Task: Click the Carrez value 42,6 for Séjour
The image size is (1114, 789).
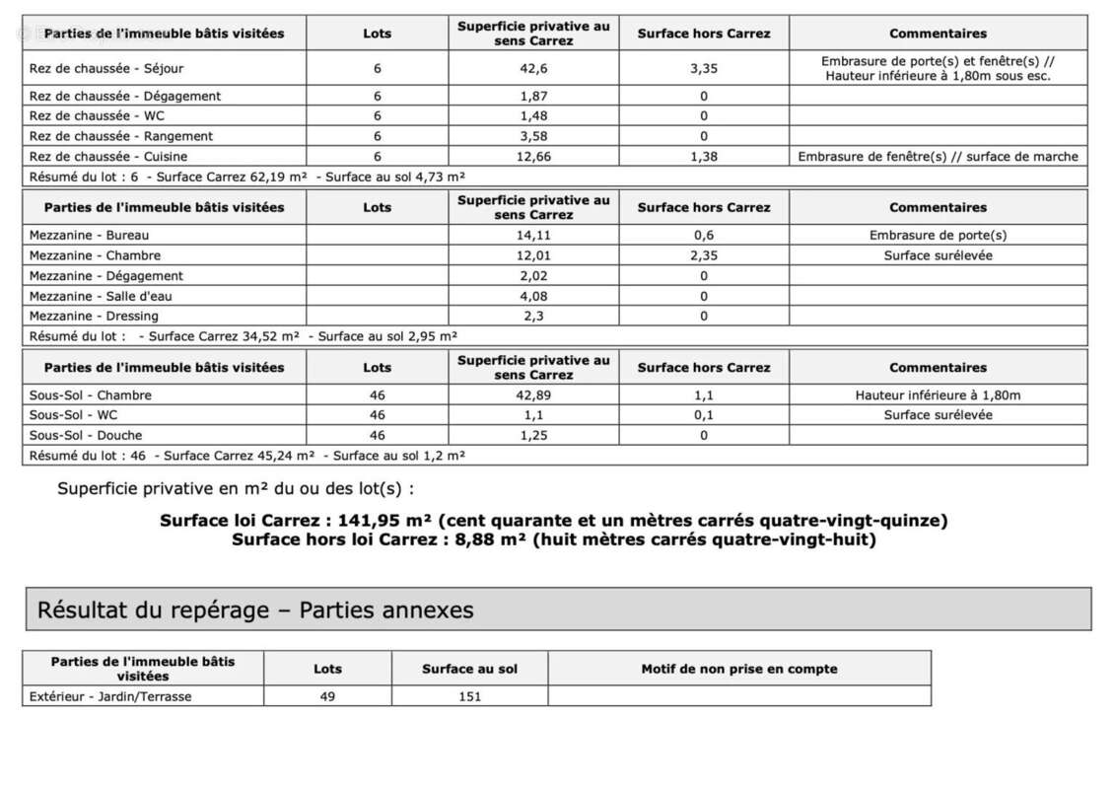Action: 533,69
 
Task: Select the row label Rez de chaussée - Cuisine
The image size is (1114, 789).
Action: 108,157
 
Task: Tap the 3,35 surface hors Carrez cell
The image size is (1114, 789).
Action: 704,69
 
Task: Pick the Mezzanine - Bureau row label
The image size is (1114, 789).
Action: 90,236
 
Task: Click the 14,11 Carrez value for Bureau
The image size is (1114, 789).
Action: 533,236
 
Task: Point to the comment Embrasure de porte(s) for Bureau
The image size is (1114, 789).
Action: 938,236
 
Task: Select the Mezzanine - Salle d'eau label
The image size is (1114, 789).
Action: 102,296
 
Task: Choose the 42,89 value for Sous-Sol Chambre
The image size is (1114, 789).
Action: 533,395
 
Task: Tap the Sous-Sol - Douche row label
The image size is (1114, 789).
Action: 86,436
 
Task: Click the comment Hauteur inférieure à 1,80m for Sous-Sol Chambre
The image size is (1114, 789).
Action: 938,395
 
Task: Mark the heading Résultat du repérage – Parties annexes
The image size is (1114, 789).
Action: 255,610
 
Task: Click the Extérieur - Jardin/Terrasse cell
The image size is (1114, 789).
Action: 110,697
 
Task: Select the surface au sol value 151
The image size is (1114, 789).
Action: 469,697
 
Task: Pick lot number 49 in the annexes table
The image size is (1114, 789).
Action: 327,697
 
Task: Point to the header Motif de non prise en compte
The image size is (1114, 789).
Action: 738,669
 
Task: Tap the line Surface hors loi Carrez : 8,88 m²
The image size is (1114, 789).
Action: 553,539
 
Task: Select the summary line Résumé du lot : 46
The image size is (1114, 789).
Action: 246,456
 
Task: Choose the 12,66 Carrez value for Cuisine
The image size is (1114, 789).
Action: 533,157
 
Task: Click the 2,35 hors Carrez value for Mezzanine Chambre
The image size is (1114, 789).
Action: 704,255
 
